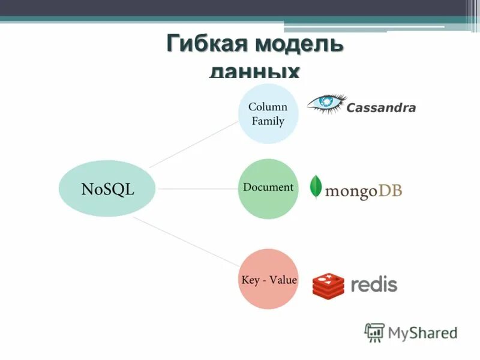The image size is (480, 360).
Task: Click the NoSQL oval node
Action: coord(107,189)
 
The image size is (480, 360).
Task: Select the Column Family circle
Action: coord(268,113)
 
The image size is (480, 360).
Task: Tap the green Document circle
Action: coord(268,188)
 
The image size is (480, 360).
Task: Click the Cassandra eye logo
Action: coord(326,103)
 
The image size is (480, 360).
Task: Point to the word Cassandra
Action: coord(381,109)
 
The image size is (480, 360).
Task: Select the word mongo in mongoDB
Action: coord(350,192)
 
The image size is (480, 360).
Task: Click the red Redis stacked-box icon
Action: coord(328,286)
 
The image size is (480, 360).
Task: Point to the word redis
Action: coord(373,284)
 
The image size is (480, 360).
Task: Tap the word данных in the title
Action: coord(254,72)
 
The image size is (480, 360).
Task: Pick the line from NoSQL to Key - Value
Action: coord(186,241)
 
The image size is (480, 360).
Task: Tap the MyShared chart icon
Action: coord(374,332)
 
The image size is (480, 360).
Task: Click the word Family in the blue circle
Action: coord(268,121)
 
